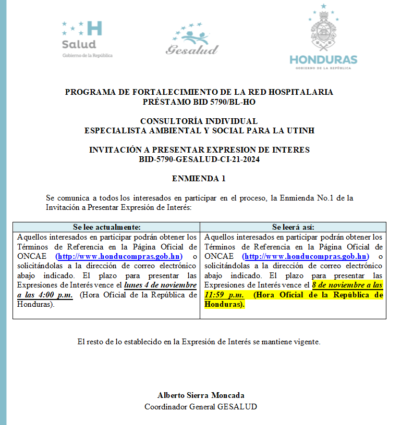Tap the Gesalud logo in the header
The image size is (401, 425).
(192, 41)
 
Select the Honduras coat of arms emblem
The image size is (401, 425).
(323, 31)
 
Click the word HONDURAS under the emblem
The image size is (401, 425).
(323, 59)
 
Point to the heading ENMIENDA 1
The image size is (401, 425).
(199, 179)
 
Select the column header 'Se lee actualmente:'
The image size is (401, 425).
(106, 227)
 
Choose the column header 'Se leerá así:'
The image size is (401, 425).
(293, 227)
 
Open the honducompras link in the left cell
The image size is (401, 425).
(119, 256)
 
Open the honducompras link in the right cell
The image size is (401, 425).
(306, 256)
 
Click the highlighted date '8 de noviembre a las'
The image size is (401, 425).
(347, 285)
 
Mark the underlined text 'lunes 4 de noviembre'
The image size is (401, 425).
(160, 285)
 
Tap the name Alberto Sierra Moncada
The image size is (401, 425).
(201, 395)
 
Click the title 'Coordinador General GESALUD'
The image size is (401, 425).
(201, 407)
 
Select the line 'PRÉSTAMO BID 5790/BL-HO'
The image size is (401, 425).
(199, 102)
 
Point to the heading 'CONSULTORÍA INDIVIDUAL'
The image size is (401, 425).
(199, 121)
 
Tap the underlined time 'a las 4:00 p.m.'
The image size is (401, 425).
(45, 295)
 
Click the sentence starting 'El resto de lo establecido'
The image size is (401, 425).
(199, 342)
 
